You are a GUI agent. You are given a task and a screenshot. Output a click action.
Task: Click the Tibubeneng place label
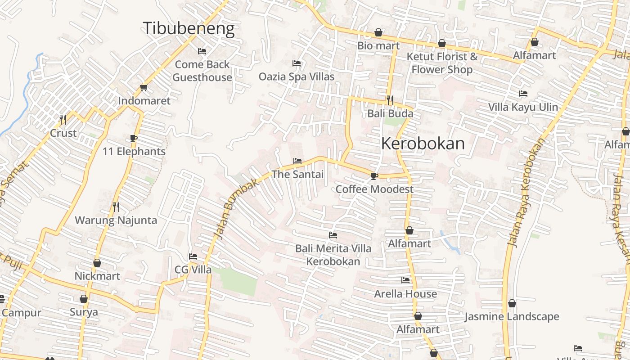189,28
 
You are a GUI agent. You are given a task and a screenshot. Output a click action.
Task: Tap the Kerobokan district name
423,144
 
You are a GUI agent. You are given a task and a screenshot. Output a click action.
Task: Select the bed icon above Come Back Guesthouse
202,51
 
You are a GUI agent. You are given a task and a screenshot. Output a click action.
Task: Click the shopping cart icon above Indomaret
144,87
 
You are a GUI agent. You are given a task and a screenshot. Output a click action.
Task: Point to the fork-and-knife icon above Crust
63,119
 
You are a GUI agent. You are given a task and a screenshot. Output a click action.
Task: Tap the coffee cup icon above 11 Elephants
133,138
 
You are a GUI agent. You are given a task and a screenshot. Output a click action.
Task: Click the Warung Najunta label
116,220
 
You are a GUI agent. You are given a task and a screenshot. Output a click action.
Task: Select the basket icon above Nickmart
97,263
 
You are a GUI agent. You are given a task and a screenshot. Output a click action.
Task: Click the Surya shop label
84,312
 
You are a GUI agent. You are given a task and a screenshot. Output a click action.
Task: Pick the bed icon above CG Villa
193,256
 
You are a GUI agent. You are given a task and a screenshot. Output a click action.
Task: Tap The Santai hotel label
297,174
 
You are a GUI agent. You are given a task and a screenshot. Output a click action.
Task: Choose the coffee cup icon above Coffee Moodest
374,176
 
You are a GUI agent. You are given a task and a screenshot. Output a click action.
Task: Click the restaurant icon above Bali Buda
390,100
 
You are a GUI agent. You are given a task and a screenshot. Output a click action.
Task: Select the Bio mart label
378,46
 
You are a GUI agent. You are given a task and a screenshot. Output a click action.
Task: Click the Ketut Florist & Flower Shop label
442,63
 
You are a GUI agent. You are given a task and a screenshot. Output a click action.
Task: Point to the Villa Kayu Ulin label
523,107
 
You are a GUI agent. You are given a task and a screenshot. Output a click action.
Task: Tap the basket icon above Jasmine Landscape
512,303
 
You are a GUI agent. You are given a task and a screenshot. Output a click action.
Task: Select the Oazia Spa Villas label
296,76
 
